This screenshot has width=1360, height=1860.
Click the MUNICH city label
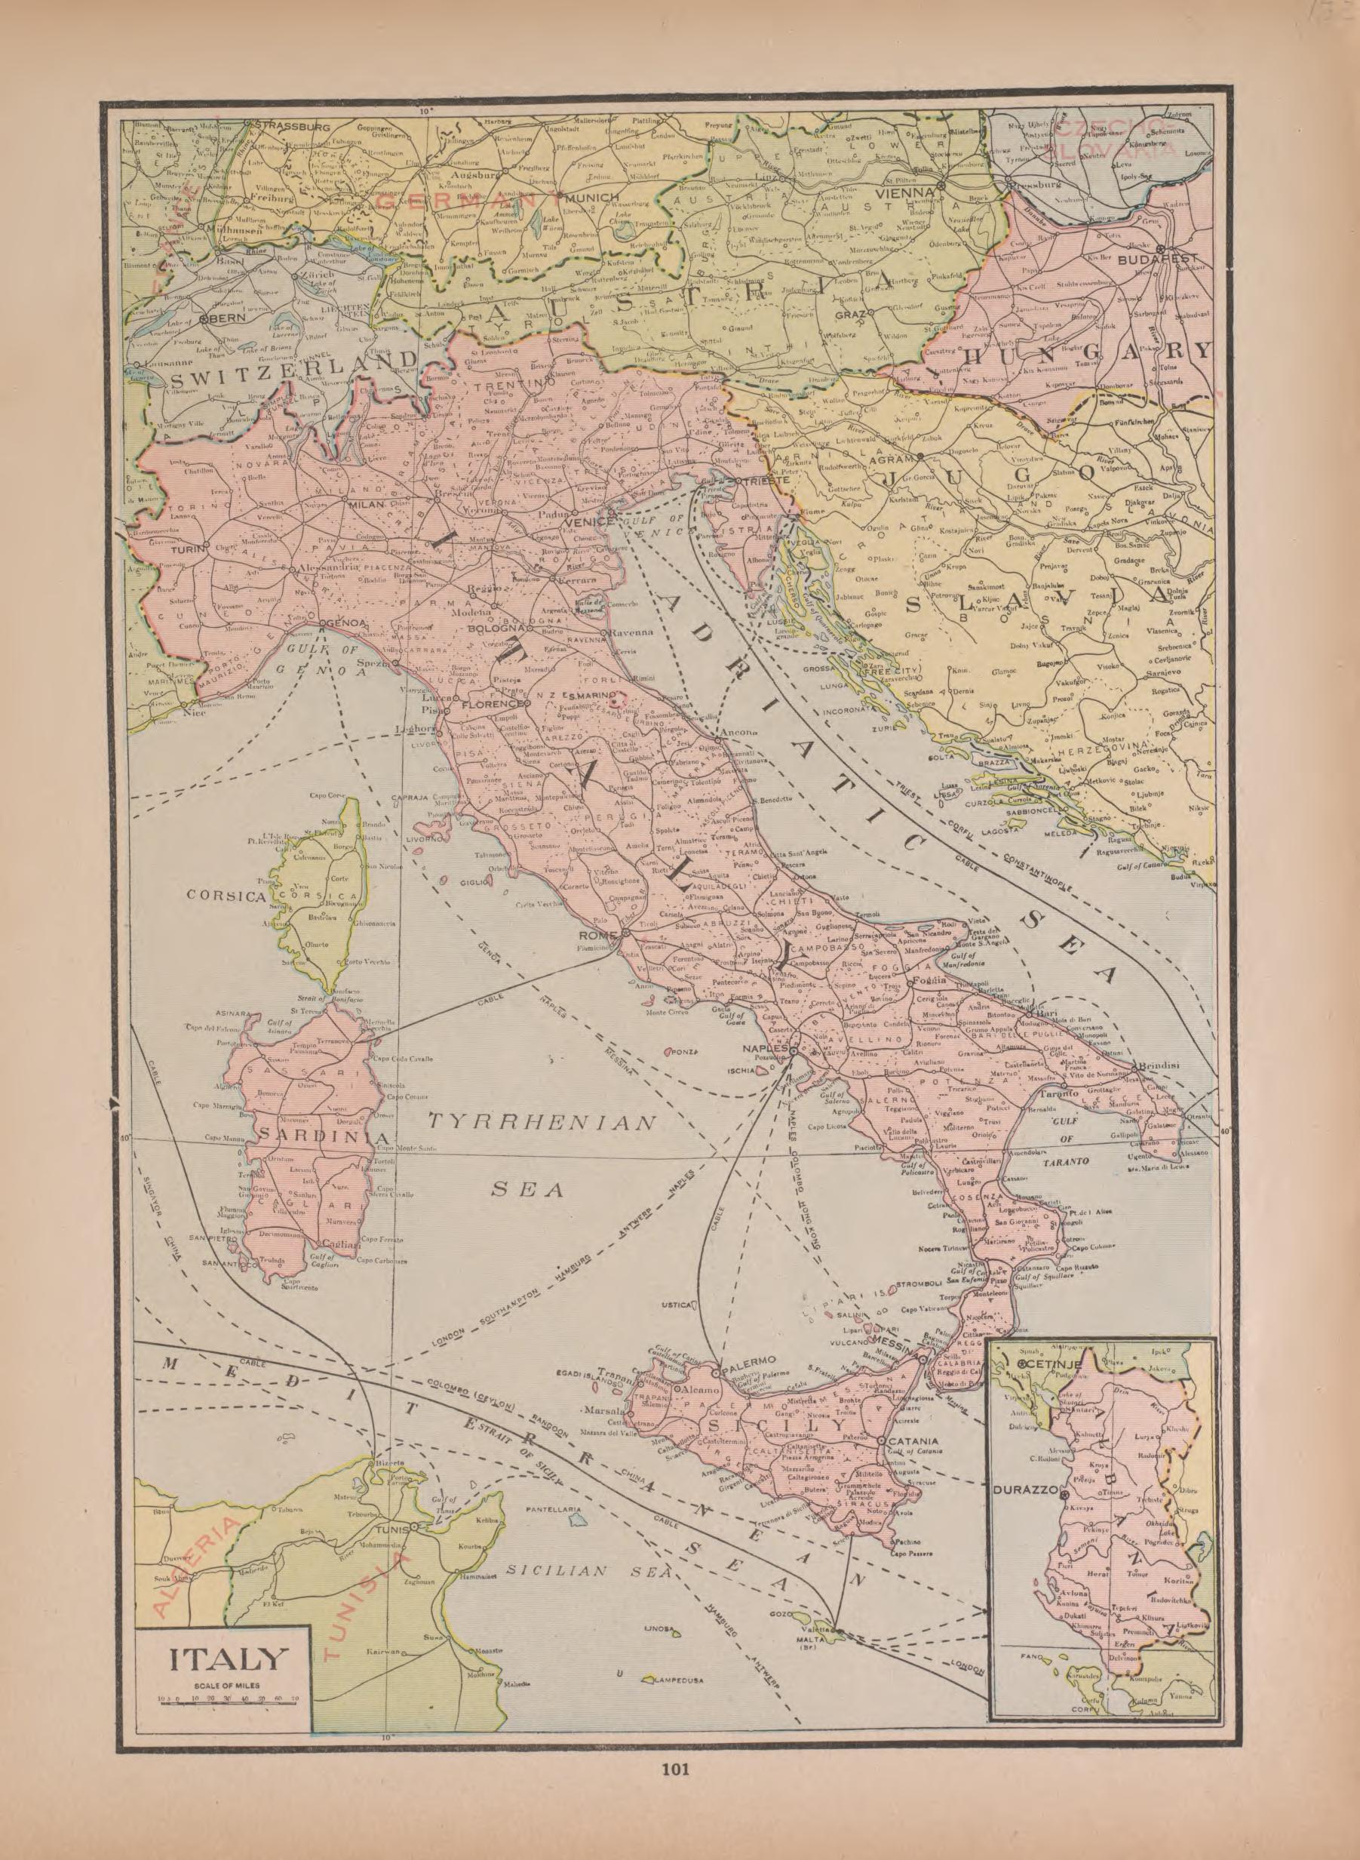(591, 198)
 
